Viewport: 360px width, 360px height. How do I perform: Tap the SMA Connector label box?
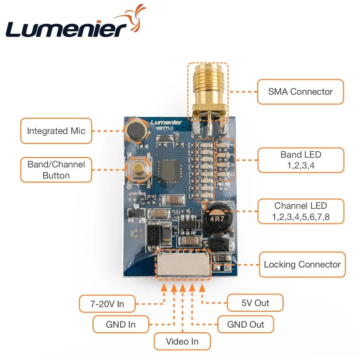[x=300, y=92]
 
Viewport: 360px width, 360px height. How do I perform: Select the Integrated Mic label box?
[x=56, y=131]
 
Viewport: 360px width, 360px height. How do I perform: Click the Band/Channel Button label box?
[x=56, y=170]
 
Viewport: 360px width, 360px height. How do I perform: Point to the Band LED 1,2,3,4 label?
[x=301, y=161]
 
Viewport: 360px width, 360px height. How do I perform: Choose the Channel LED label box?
[x=301, y=212]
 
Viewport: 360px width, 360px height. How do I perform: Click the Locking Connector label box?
[x=302, y=265]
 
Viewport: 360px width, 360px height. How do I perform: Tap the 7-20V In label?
[x=107, y=304]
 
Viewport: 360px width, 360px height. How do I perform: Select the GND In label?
[x=121, y=324]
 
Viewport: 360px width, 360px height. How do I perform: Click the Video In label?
[x=182, y=341]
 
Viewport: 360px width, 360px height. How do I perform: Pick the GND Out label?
[x=246, y=324]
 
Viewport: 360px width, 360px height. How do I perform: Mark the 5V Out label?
[x=255, y=303]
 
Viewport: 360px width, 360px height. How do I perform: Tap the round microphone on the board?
[x=135, y=130]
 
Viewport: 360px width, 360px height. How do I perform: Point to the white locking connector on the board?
[x=183, y=265]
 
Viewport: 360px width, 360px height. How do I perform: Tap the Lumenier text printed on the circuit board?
[x=166, y=122]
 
